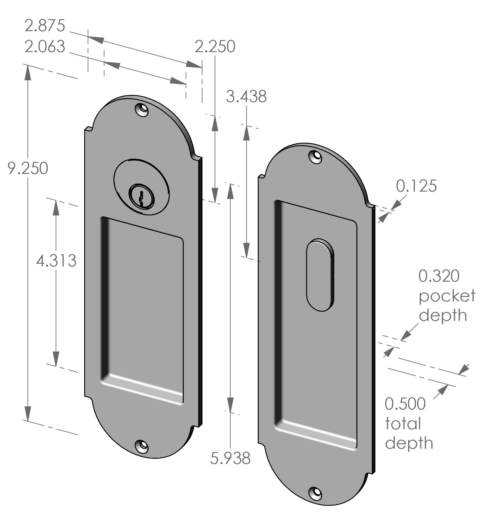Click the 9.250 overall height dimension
click(x=28, y=168)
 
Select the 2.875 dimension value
click(x=45, y=26)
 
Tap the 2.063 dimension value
click(x=45, y=47)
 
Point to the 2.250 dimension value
click(x=215, y=47)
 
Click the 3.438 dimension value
click(x=246, y=97)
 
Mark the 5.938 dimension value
click(x=230, y=458)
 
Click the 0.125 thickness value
click(x=416, y=186)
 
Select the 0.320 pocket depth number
click(x=439, y=276)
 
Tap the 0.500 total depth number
click(x=405, y=404)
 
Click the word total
click(x=403, y=424)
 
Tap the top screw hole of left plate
click(x=142, y=110)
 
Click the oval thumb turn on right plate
click(x=320, y=275)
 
